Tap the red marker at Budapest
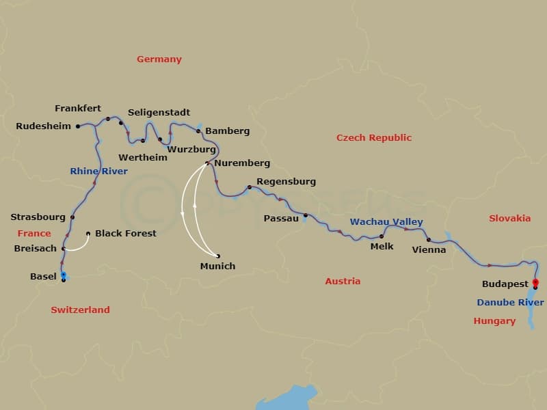[x=535, y=282]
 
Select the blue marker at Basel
[x=64, y=275]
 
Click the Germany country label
[x=159, y=59]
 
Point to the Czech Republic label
[x=374, y=138]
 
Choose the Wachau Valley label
[x=386, y=222]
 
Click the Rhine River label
[x=98, y=172]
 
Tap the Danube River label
[x=511, y=303]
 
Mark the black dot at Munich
[x=218, y=256]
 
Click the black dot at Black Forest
[x=88, y=234]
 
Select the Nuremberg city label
[x=242, y=163]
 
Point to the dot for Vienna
[x=429, y=240]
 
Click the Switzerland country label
[x=80, y=310]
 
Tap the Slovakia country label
[x=509, y=219]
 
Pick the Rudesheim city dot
[x=78, y=126]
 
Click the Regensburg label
[x=286, y=182]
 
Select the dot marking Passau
[x=306, y=215]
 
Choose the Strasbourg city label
[x=38, y=217]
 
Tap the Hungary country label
[x=494, y=321]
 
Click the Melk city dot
[x=382, y=236]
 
